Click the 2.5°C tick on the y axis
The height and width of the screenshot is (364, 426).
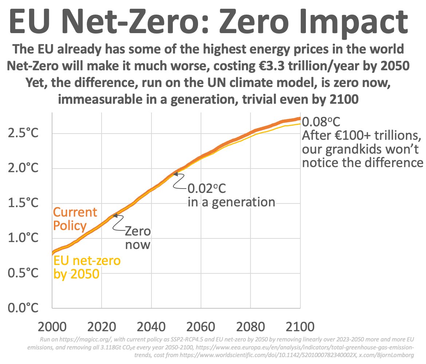(23, 134)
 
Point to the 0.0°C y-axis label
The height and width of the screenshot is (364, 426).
(23, 308)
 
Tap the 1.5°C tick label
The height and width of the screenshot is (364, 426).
(23, 203)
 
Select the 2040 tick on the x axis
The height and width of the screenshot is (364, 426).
(151, 326)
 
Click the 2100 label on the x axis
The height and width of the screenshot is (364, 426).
(300, 326)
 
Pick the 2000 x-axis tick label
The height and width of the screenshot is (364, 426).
(52, 326)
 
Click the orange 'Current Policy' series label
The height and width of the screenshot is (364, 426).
(75, 219)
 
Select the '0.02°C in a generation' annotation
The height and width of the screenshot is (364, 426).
(231, 195)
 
